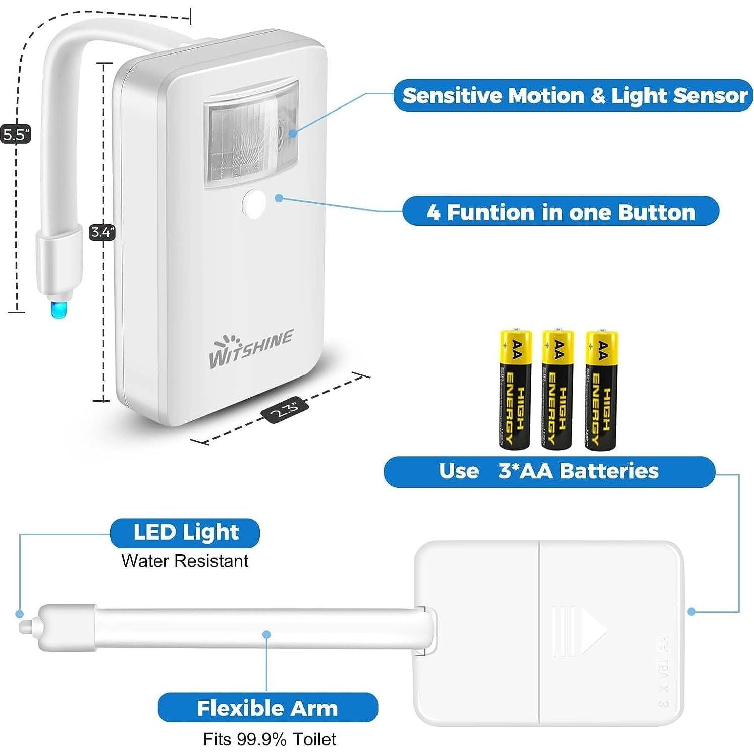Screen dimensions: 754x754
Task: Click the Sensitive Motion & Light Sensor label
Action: point(574,95)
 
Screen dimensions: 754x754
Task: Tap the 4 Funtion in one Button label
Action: point(560,211)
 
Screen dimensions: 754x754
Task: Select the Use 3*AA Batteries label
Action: point(549,471)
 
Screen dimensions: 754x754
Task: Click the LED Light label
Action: point(185,532)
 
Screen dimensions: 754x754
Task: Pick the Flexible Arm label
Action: point(267,708)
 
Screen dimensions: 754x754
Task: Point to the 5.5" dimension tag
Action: point(16,134)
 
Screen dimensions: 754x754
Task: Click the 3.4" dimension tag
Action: point(102,232)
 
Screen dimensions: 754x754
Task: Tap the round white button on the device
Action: point(254,203)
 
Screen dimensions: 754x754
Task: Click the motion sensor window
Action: point(251,134)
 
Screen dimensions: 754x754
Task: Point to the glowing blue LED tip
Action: point(58,308)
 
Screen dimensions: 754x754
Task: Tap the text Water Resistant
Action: point(185,561)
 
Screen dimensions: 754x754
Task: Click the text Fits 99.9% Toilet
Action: point(270,739)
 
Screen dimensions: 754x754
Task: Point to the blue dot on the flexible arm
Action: point(266,634)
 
